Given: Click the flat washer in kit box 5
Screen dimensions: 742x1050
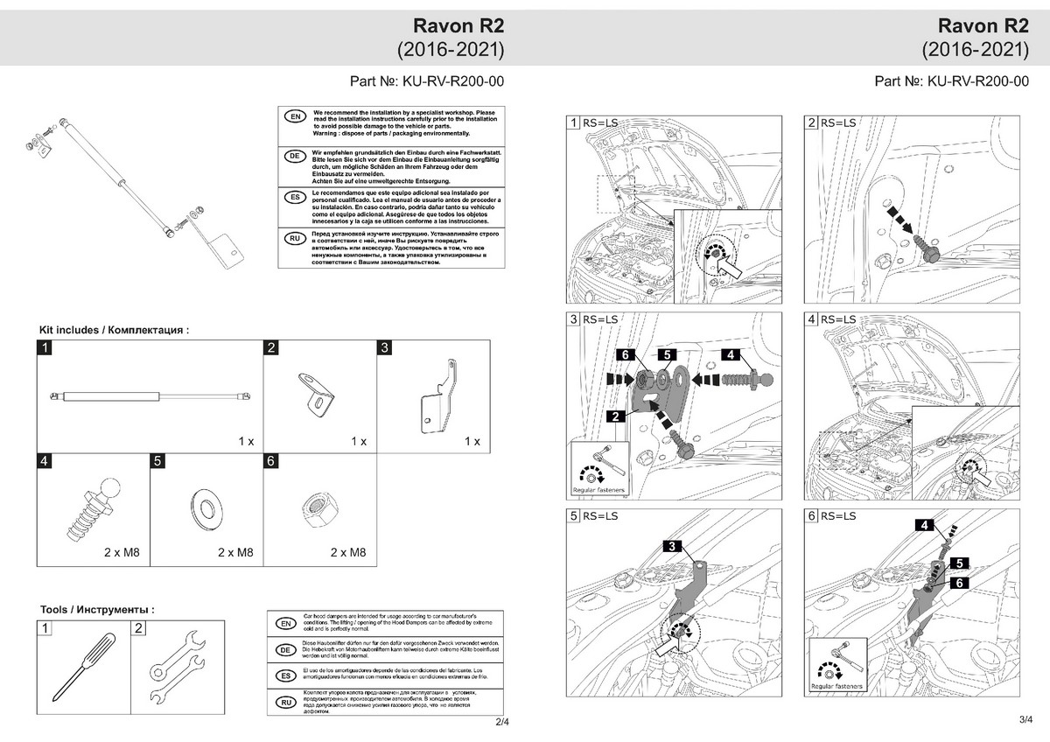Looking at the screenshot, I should point(206,507).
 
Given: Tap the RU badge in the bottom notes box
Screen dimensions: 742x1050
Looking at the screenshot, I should point(284,703).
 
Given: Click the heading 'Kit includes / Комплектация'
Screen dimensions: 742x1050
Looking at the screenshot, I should point(114,330).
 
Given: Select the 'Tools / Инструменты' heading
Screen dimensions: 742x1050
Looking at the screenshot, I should point(97,609).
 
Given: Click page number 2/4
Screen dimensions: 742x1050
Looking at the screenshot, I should point(501,722).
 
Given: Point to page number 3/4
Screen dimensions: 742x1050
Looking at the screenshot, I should point(1026,719).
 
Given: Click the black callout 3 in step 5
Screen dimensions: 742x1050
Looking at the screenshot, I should point(671,546).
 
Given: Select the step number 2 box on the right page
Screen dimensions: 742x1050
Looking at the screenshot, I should point(811,122).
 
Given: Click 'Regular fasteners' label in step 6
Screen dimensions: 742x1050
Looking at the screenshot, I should point(836,687).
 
